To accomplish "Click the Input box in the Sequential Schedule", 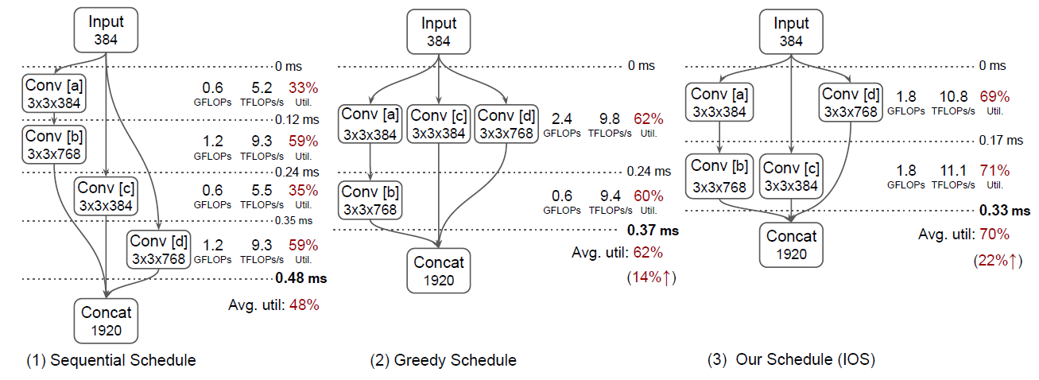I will pos(106,29).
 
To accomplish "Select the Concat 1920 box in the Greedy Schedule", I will pos(439,270).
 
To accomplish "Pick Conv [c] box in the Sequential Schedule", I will pos(106,196).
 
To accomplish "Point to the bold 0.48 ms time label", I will pos(300,278).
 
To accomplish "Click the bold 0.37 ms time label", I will pos(653,231).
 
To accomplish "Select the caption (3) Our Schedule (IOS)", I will pos(791,360).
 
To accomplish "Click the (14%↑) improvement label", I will pos(651,278).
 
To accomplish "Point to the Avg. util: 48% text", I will pos(273,305).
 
